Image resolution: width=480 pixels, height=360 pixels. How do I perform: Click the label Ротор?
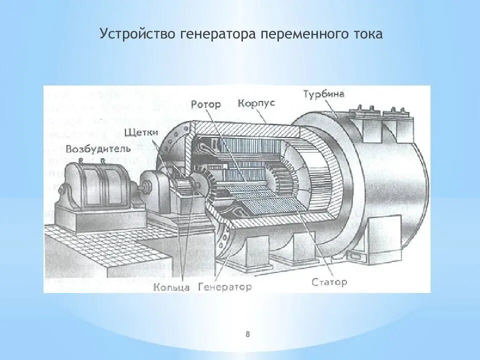tap(205, 104)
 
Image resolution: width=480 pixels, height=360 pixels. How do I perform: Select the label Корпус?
tap(256, 103)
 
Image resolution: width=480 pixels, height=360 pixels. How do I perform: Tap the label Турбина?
tap(323, 94)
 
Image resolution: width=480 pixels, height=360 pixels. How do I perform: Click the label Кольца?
tap(171, 287)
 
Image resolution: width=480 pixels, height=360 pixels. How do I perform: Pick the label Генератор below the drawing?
tap(225, 287)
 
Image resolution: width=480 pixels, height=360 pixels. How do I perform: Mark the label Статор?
tap(329, 282)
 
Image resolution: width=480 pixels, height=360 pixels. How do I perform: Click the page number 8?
tap(247, 334)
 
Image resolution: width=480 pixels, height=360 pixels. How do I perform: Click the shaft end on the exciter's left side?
tap(62, 190)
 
